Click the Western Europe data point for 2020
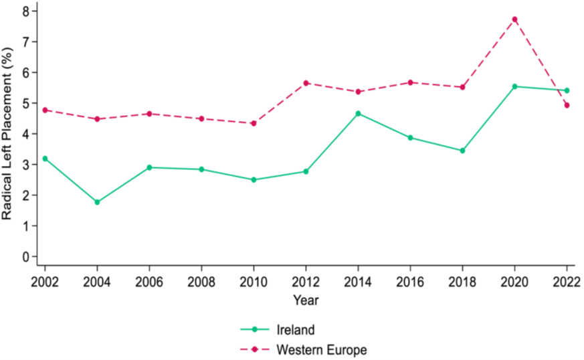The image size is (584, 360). click(514, 19)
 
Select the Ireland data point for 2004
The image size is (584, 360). click(97, 202)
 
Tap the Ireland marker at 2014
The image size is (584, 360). click(358, 114)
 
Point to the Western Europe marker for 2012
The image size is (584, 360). click(306, 83)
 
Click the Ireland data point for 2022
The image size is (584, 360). click(567, 90)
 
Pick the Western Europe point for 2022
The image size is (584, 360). click(567, 106)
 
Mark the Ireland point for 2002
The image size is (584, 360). click(45, 159)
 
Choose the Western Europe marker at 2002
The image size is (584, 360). click(45, 110)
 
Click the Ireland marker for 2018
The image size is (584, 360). click(462, 151)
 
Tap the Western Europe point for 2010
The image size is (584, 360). click(254, 123)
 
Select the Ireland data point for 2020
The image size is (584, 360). click(514, 86)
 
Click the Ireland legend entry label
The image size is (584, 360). click(296, 330)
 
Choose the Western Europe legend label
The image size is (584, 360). click(322, 350)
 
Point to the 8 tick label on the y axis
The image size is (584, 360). click(25, 11)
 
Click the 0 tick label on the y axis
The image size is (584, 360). click(25, 257)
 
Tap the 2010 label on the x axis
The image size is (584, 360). click(254, 282)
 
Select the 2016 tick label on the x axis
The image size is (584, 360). click(410, 282)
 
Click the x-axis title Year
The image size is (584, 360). click(306, 300)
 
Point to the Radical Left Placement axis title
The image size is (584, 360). click(7, 133)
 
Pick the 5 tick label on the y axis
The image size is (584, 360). click(25, 103)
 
